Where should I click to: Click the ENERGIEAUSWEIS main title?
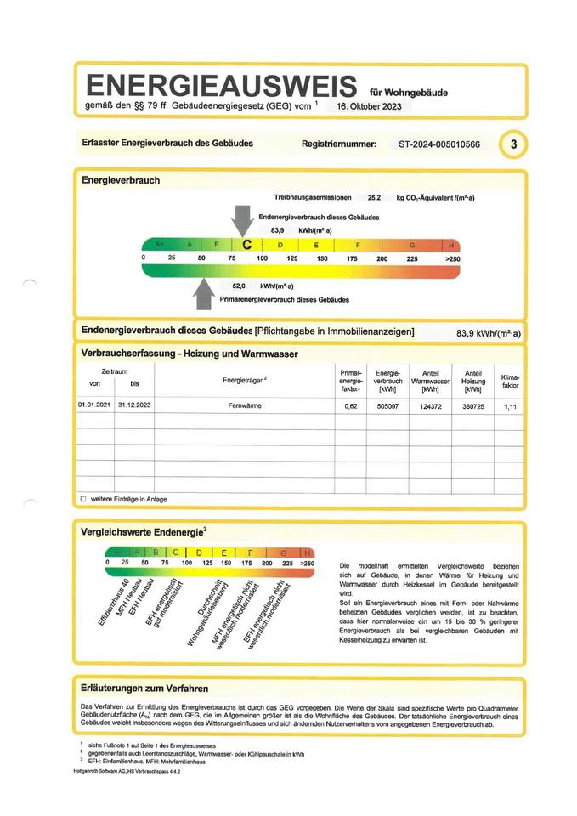coord(220,86)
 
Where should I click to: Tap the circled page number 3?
coord(512,144)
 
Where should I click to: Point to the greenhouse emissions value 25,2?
coord(374,197)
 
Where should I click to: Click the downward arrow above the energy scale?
coord(243,220)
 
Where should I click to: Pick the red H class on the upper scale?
coord(451,245)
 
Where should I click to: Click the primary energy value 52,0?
coord(239,286)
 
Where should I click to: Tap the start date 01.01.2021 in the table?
coord(94,406)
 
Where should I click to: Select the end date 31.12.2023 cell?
coord(134,406)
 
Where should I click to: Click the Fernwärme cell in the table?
coord(246,406)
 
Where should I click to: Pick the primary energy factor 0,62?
coord(350,406)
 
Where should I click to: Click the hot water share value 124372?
coord(430,406)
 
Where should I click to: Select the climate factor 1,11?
coord(510,406)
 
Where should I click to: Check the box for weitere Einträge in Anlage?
coord(83,499)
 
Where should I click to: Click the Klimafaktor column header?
coord(510,380)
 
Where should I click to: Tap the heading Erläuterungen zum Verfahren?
coord(144,688)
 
